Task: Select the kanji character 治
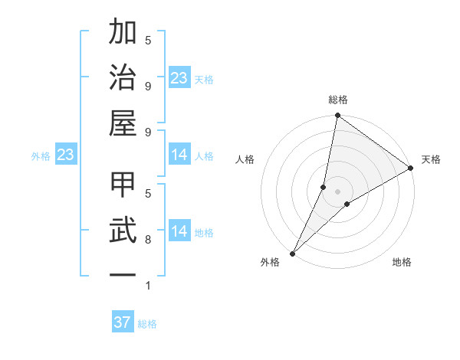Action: click(x=123, y=78)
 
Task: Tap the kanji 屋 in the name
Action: click(x=123, y=123)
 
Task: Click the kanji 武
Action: click(x=123, y=231)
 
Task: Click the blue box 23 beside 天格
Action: click(x=179, y=77)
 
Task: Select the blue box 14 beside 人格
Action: click(x=179, y=155)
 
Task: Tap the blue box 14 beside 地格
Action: click(x=179, y=231)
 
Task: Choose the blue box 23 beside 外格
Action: click(x=66, y=155)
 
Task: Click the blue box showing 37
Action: click(x=123, y=322)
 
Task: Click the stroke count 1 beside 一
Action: click(x=148, y=286)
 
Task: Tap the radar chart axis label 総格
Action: click(x=337, y=100)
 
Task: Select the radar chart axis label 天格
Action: click(x=431, y=159)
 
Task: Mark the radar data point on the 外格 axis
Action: click(x=293, y=253)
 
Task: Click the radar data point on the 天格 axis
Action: click(x=411, y=168)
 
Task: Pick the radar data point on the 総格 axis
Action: click(x=337, y=116)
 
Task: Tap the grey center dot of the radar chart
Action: click(x=337, y=191)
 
